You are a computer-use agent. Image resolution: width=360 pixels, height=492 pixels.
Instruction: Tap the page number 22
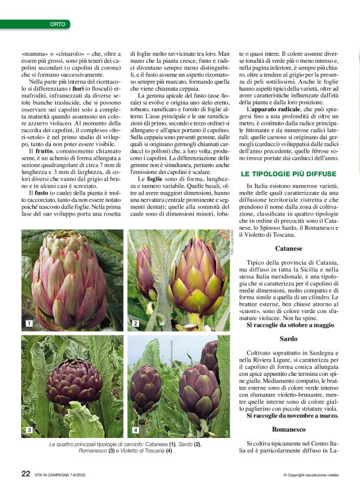tap(26, 473)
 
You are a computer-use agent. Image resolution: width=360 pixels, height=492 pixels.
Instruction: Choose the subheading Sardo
tap(289, 339)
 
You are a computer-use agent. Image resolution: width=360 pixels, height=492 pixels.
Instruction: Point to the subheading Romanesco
tap(289, 429)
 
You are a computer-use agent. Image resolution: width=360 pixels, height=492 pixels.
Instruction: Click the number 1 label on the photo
tap(29, 324)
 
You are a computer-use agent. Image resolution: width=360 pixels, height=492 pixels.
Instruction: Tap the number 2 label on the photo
tap(135, 324)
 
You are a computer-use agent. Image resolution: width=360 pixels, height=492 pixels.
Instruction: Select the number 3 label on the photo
tap(29, 430)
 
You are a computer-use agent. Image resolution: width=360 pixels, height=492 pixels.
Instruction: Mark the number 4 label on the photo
tap(135, 430)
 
